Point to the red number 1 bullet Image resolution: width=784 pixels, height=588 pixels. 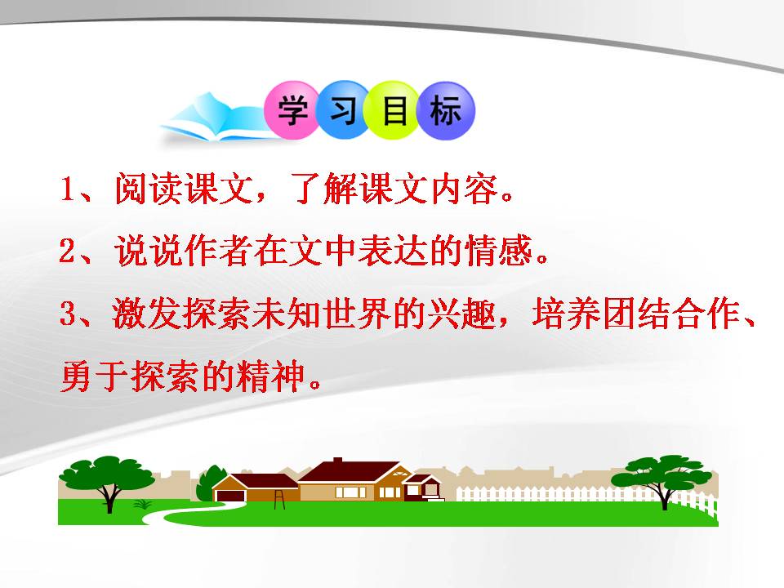[x=68, y=190]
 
